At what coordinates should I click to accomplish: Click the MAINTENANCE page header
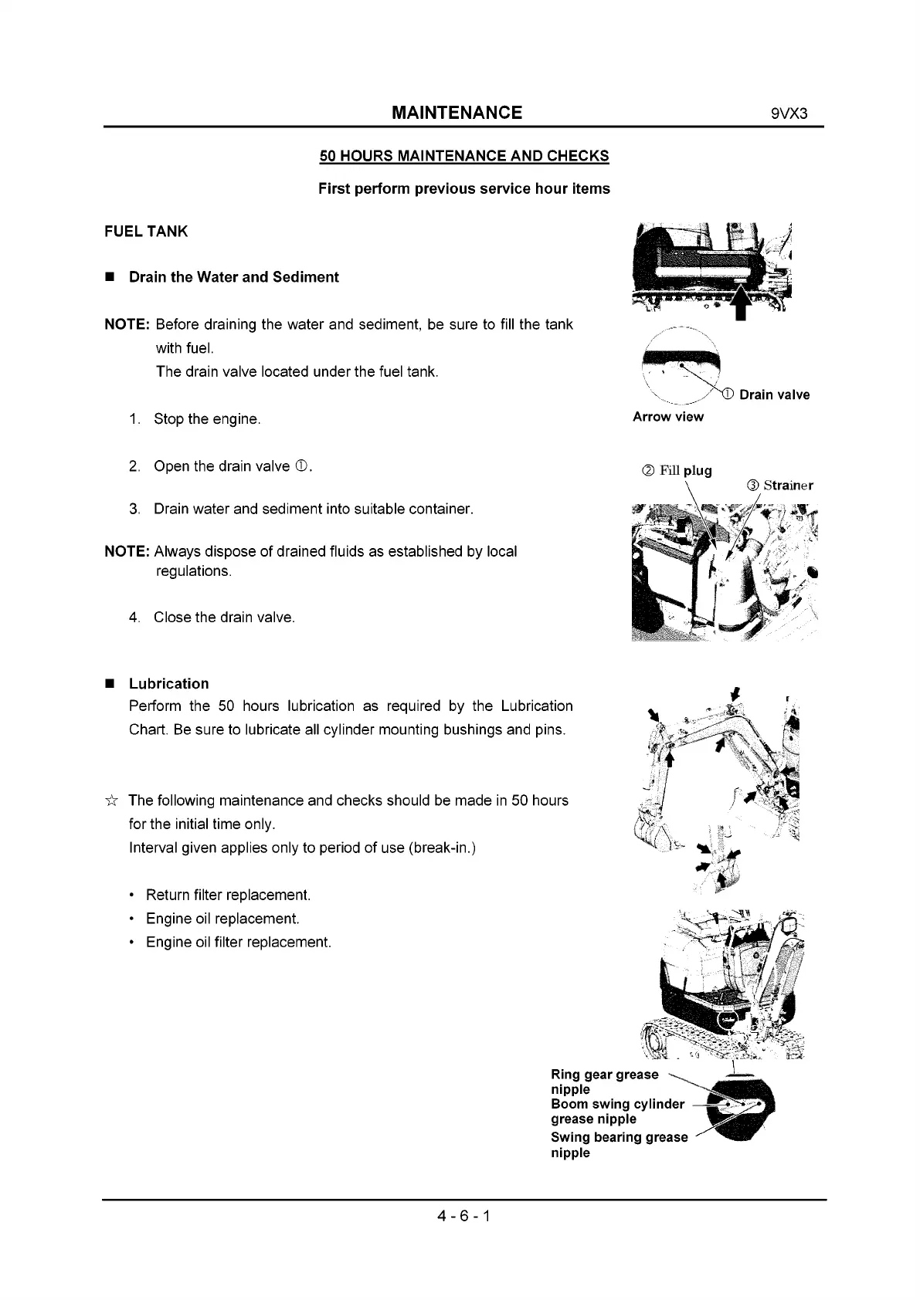click(x=457, y=113)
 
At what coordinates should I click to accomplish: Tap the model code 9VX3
click(x=789, y=113)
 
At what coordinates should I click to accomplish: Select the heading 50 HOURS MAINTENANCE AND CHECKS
click(x=464, y=156)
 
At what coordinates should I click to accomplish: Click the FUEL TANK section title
click(x=146, y=232)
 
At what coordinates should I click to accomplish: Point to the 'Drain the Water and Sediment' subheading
click(x=233, y=277)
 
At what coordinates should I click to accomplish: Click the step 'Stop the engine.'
click(x=207, y=419)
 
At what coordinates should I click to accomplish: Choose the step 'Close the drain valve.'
click(x=224, y=618)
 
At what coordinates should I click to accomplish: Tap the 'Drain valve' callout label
click(x=774, y=395)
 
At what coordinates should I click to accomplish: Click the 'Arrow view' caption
click(x=668, y=417)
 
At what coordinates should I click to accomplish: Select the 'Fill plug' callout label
click(x=685, y=471)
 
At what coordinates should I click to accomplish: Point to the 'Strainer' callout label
click(x=787, y=486)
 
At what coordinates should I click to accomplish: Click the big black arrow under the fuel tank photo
click(x=742, y=302)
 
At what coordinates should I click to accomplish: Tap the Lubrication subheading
click(x=168, y=684)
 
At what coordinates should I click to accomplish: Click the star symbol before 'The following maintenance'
click(x=111, y=801)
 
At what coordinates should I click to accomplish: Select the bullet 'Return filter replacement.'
click(x=228, y=895)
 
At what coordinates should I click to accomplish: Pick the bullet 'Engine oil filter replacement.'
click(x=238, y=943)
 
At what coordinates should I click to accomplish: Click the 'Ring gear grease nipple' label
click(x=604, y=1082)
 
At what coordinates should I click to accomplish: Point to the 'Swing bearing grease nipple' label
click(x=619, y=1145)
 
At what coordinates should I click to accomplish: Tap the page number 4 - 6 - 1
click(x=463, y=1217)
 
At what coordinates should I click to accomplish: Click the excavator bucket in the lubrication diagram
click(x=649, y=827)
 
